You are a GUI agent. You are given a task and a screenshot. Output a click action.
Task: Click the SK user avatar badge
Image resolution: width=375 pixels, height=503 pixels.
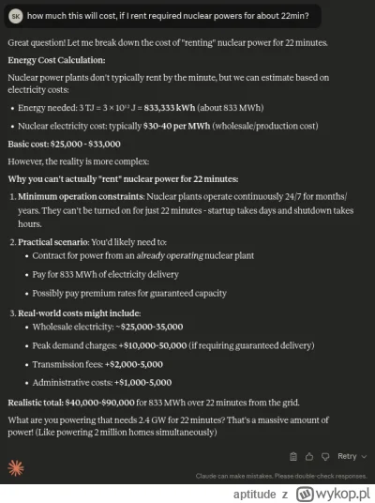[14, 15]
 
